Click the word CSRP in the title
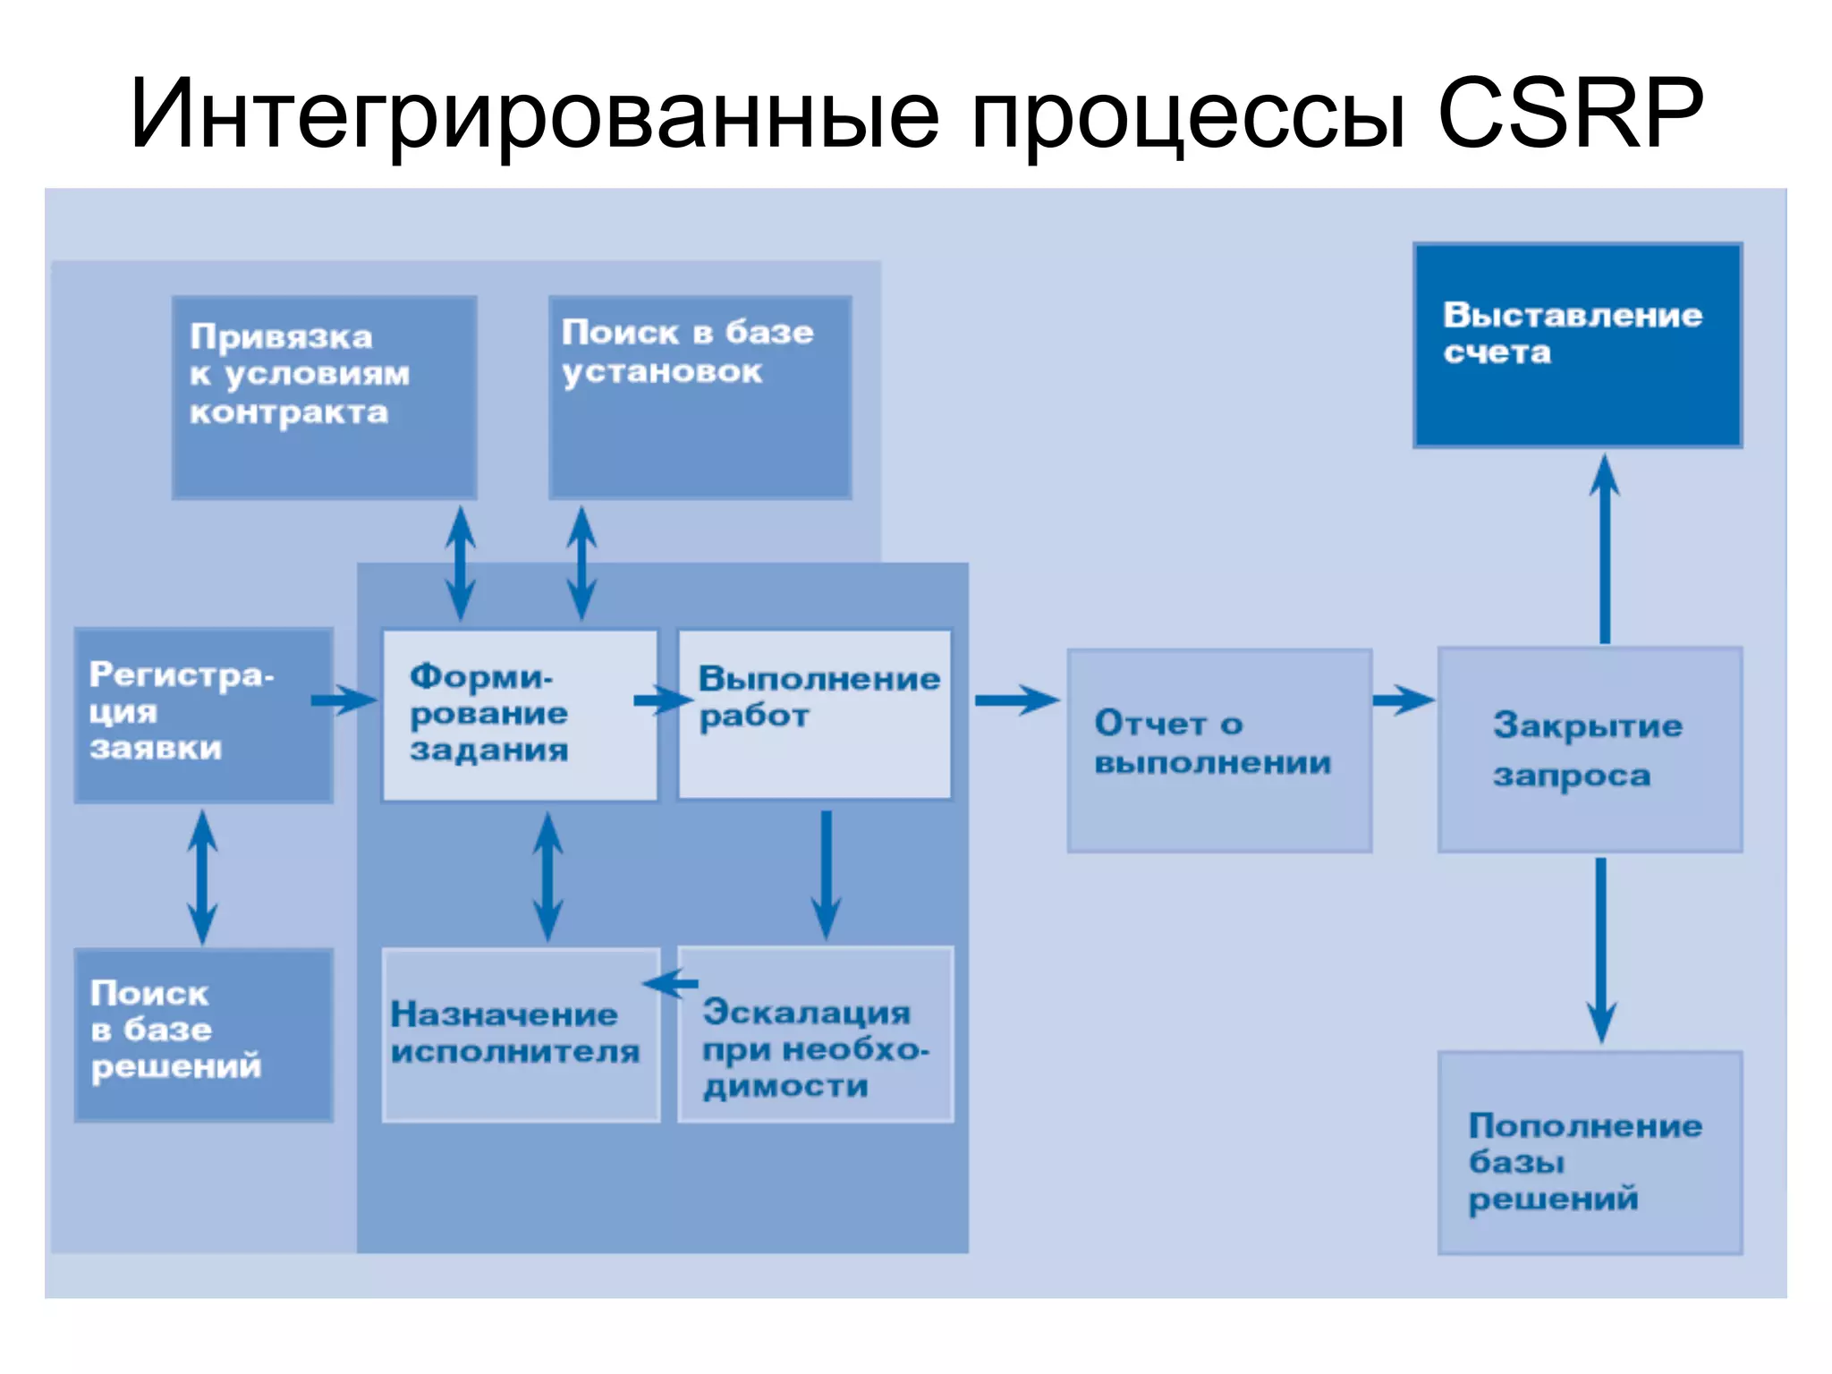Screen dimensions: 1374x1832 tap(1569, 114)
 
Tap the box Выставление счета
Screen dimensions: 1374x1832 tap(1577, 345)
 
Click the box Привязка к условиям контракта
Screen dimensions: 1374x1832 tap(324, 397)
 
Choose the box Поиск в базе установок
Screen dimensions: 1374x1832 tap(700, 397)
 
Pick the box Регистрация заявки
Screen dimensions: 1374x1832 tap(203, 715)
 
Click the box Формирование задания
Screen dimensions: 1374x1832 tap(519, 715)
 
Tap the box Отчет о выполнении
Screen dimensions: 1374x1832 tap(1218, 750)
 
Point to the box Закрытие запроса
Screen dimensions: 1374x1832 tap(1590, 750)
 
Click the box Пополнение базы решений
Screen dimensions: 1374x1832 tap(1590, 1152)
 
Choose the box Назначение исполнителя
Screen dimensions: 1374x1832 tap(521, 1034)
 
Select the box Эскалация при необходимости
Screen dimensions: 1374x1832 tap(815, 1034)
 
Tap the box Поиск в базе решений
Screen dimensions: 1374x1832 tap(203, 1034)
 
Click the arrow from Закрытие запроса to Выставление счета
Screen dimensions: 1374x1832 tap(1605, 547)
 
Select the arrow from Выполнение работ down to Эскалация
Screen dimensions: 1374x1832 tap(826, 873)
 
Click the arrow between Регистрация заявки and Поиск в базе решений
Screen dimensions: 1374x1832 tap(202, 877)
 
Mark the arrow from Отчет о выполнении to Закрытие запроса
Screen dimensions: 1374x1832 tap(1403, 700)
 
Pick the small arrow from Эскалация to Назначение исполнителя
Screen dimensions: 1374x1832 tap(671, 984)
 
